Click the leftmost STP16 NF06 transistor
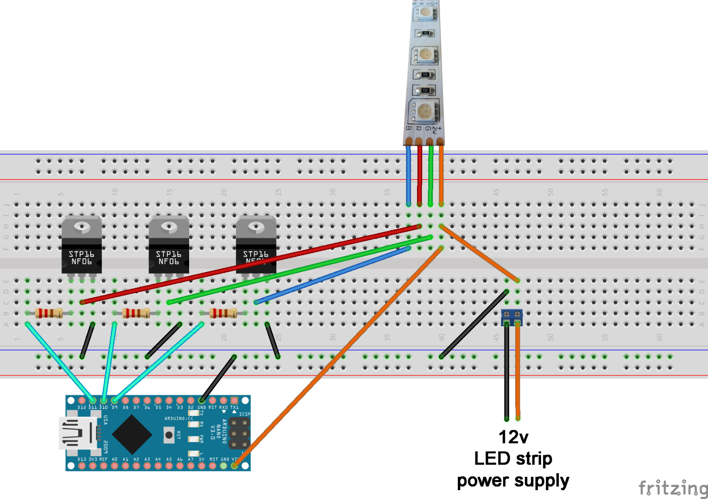[x=81, y=247]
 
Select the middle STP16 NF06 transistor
[x=168, y=247]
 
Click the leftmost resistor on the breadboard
[x=49, y=313]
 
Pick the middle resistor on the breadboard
[x=136, y=313]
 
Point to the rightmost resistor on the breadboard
[x=223, y=313]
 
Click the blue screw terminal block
[x=512, y=316]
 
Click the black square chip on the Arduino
[x=132, y=434]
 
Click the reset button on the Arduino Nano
[x=169, y=435]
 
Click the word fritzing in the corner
[x=672, y=488]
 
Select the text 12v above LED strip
[x=513, y=437]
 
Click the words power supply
[x=513, y=481]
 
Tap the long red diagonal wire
[x=250, y=264]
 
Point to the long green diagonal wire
[x=301, y=269]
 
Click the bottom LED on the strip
[x=425, y=111]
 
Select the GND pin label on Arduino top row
[x=202, y=408]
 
